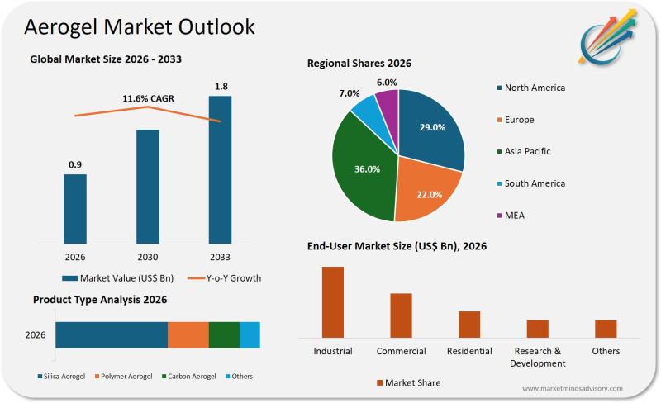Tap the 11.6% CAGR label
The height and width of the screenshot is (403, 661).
point(148,99)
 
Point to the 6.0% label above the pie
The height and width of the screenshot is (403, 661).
point(386,83)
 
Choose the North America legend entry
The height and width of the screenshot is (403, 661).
point(534,88)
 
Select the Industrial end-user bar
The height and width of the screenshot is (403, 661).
point(333,301)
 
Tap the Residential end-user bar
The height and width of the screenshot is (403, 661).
point(469,324)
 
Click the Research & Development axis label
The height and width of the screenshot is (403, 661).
point(538,357)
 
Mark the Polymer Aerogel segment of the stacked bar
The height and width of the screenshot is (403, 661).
point(188,334)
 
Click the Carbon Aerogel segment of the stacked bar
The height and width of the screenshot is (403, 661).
point(224,334)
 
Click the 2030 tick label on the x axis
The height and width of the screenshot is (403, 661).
point(148,256)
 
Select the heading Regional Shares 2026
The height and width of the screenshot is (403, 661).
point(359,64)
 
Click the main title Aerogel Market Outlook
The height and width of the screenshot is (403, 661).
point(140,26)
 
